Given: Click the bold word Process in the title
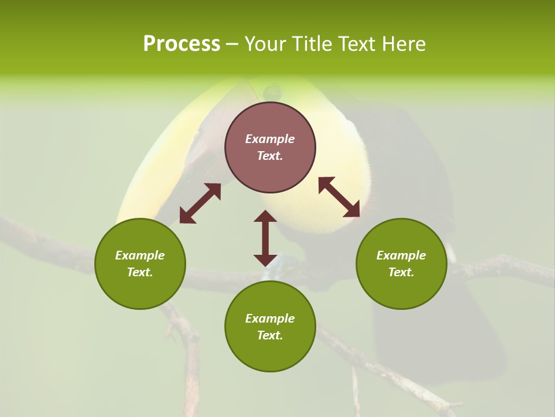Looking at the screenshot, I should click(x=182, y=44).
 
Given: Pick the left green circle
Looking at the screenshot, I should click(x=140, y=290).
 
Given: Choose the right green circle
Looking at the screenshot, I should click(x=401, y=290).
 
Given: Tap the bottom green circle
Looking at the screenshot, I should click(x=270, y=353).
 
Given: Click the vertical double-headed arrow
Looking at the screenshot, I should click(x=265, y=238).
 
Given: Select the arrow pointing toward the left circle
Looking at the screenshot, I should click(x=200, y=203).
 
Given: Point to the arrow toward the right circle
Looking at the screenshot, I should click(x=339, y=197).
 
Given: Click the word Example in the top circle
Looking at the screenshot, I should click(x=270, y=139).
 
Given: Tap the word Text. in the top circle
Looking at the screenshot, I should click(x=270, y=156).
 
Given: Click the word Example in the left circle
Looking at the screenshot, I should click(x=140, y=255).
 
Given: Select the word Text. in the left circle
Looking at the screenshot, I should click(x=140, y=272).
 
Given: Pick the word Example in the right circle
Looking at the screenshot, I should click(x=401, y=255).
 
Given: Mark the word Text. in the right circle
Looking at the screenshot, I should click(x=401, y=272).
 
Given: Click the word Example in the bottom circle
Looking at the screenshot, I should click(x=270, y=319).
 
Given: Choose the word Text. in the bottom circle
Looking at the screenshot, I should click(x=270, y=335).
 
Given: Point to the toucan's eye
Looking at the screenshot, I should click(x=272, y=91).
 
